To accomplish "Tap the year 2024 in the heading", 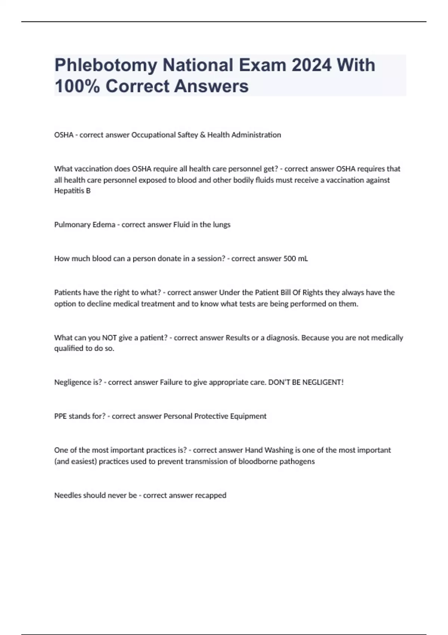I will (311, 65).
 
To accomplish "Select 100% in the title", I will (77, 86).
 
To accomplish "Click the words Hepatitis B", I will (72, 191).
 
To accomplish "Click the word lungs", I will (221, 225).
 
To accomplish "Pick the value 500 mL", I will (296, 258).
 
